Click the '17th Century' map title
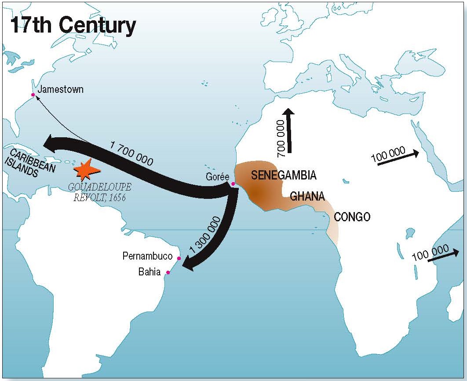73,26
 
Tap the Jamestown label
60,90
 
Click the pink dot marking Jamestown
33,95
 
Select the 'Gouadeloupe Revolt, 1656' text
100,192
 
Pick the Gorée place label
218,176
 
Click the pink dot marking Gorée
233,184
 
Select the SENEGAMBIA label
284,175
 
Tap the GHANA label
307,196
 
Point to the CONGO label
352,216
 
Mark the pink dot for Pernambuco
179,258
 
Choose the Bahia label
150,272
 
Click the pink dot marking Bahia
168,273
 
